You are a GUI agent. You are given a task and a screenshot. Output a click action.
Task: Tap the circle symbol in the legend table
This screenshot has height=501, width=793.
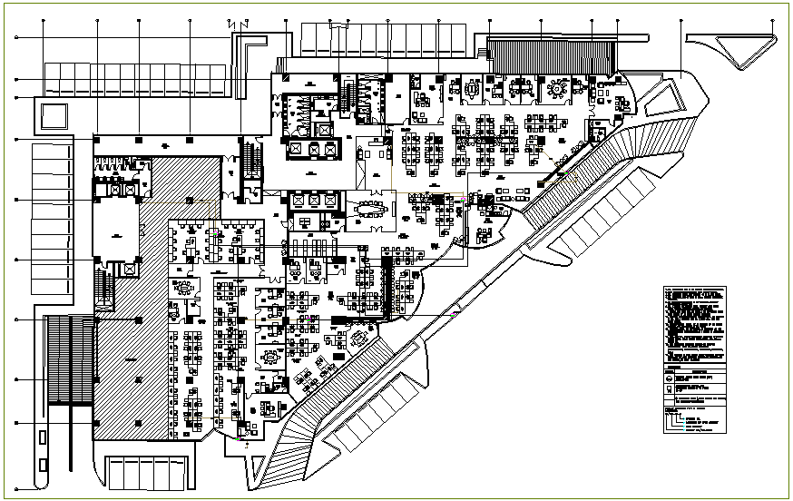[671, 381]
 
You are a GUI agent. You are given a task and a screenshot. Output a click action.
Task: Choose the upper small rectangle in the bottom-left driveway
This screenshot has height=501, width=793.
[43, 437]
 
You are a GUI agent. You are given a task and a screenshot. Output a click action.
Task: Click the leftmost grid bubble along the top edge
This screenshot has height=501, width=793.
[97, 20]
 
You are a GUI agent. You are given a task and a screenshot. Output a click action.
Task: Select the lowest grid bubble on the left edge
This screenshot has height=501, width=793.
[16, 423]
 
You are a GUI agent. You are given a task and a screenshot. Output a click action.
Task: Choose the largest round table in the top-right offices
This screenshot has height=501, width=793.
[555, 90]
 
